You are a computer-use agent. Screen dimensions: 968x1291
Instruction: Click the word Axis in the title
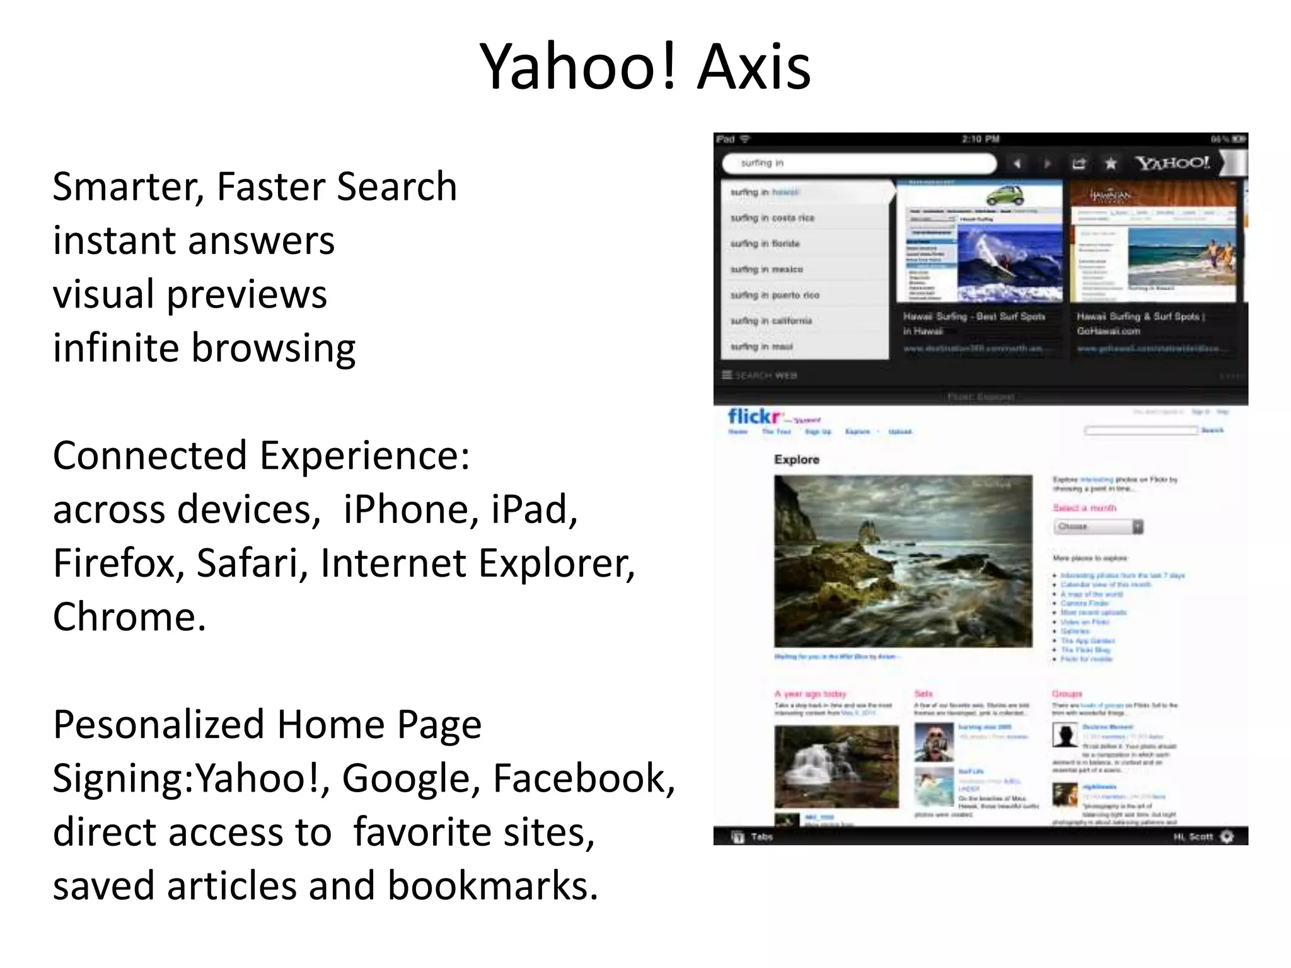[x=754, y=67]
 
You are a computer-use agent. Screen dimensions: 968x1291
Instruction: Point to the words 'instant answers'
[x=194, y=241]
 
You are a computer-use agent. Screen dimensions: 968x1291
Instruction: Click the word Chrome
[x=129, y=617]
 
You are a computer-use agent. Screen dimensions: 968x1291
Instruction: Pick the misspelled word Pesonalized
[x=158, y=725]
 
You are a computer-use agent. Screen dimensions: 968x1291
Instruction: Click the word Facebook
[x=582, y=778]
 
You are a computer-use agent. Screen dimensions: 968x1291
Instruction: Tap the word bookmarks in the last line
[x=491, y=886]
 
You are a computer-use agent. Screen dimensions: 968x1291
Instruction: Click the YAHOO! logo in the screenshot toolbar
[x=1172, y=163]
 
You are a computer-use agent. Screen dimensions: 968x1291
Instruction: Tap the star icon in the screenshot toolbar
[x=1111, y=164]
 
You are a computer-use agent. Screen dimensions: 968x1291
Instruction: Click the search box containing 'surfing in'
[x=857, y=163]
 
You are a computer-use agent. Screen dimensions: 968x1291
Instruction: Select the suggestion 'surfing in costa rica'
[x=772, y=218]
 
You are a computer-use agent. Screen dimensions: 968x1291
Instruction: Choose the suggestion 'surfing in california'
[x=771, y=321]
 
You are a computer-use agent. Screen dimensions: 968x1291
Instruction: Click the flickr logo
[x=755, y=417]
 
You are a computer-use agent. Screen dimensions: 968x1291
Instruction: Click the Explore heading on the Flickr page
[x=796, y=459]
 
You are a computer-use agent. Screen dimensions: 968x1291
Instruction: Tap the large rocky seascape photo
[x=903, y=561]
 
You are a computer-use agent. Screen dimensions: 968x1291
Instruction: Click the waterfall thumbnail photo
[x=836, y=766]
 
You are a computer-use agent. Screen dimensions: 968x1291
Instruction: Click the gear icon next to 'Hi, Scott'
[x=1227, y=837]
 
